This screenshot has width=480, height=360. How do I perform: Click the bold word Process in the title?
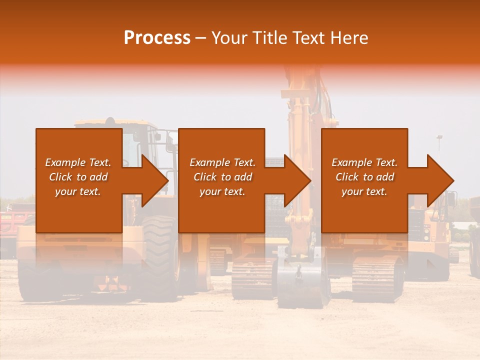pos(157,38)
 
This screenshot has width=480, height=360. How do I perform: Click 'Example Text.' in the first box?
pos(78,162)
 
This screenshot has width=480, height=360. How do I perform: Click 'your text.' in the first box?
pos(78,191)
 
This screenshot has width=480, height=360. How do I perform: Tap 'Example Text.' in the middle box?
pos(222,162)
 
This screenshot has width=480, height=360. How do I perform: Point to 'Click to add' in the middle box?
pos(222,177)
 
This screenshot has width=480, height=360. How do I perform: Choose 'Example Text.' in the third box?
pos(364,162)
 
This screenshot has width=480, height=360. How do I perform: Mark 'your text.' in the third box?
pos(364,191)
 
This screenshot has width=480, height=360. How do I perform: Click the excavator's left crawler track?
pos(252,277)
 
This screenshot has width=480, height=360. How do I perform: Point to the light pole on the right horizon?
pos(439,145)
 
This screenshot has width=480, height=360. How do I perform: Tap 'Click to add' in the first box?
pos(78,177)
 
